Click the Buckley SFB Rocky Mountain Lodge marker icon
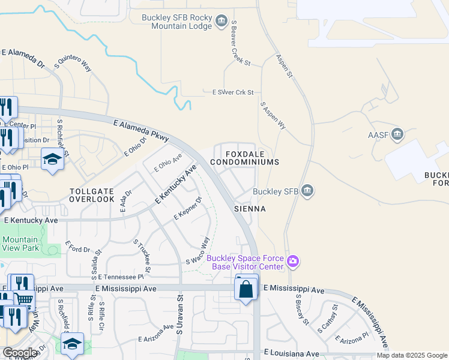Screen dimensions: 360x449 click(x=221, y=22)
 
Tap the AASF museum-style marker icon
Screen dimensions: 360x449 click(x=397, y=134)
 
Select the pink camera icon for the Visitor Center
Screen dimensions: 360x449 click(x=293, y=260)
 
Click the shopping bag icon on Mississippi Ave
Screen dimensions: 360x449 click(x=246, y=289)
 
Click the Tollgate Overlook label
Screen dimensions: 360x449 click(x=92, y=195)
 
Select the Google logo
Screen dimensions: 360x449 click(x=20, y=353)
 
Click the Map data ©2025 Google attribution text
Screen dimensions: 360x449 click(x=412, y=355)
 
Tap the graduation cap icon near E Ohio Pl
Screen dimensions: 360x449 click(x=53, y=159)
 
